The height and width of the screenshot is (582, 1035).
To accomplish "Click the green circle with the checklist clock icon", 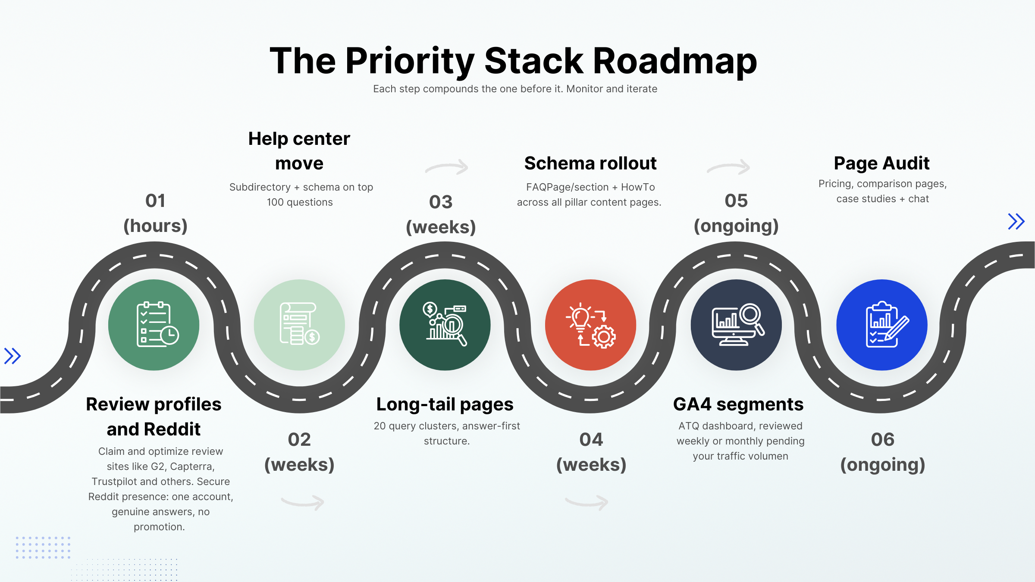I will tap(154, 325).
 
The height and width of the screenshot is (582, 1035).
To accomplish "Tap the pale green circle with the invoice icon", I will tap(299, 325).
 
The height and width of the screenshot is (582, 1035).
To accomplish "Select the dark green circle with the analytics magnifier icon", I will tap(445, 325).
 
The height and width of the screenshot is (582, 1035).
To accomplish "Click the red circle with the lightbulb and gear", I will tap(590, 325).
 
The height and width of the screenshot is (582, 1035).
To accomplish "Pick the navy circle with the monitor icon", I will tap(736, 325).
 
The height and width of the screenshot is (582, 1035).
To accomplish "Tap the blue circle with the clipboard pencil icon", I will tap(882, 325).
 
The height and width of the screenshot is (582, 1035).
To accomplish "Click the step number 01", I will tap(155, 201).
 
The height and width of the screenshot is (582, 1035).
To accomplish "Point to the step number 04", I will tap(591, 440).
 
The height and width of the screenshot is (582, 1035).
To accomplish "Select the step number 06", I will tap(883, 440).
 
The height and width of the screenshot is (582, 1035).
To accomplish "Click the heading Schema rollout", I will tap(590, 163).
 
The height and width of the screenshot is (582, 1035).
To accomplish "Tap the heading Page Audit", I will tap(881, 163).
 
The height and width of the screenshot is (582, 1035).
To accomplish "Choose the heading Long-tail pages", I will tap(445, 404).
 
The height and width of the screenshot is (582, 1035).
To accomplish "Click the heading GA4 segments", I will tap(738, 404).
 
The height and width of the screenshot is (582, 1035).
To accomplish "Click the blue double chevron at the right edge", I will tap(1016, 222).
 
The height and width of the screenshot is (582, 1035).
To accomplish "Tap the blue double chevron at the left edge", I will tap(13, 356).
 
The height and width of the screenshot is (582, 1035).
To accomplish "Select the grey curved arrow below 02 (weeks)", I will tap(303, 502).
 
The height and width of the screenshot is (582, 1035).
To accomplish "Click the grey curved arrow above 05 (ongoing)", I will tap(729, 167).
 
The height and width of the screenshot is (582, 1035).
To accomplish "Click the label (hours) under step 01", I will tap(155, 226).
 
